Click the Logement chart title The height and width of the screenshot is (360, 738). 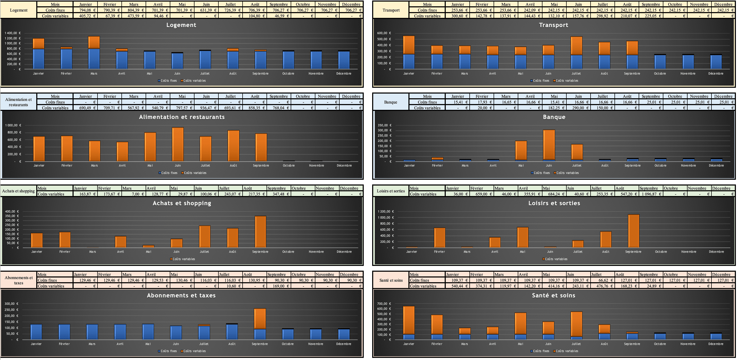(x=181, y=25)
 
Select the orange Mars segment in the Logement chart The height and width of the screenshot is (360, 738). (x=94, y=42)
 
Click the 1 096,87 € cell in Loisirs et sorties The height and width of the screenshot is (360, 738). (x=651, y=194)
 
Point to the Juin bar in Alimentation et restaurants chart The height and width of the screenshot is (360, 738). (x=178, y=144)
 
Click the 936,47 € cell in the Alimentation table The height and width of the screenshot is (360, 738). (x=206, y=108)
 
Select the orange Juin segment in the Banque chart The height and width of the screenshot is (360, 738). (x=549, y=145)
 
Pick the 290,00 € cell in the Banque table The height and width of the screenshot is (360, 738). (x=578, y=108)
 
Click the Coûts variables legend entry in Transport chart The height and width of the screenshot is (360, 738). (x=567, y=80)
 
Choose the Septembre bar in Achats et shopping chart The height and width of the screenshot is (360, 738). (x=260, y=232)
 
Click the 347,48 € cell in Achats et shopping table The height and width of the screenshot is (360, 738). (x=279, y=194)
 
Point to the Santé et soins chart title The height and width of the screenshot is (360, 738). (x=553, y=295)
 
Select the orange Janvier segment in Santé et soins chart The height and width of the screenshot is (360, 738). (x=408, y=320)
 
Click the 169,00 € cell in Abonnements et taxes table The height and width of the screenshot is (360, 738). (x=279, y=286)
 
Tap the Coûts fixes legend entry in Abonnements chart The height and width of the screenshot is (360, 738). (x=168, y=351)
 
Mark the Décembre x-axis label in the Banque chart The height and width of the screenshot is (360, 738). (x=716, y=166)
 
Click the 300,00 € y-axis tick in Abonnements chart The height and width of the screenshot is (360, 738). (x=12, y=304)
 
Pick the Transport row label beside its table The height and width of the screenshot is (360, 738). (x=391, y=10)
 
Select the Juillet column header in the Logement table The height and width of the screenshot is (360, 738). (x=230, y=4)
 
